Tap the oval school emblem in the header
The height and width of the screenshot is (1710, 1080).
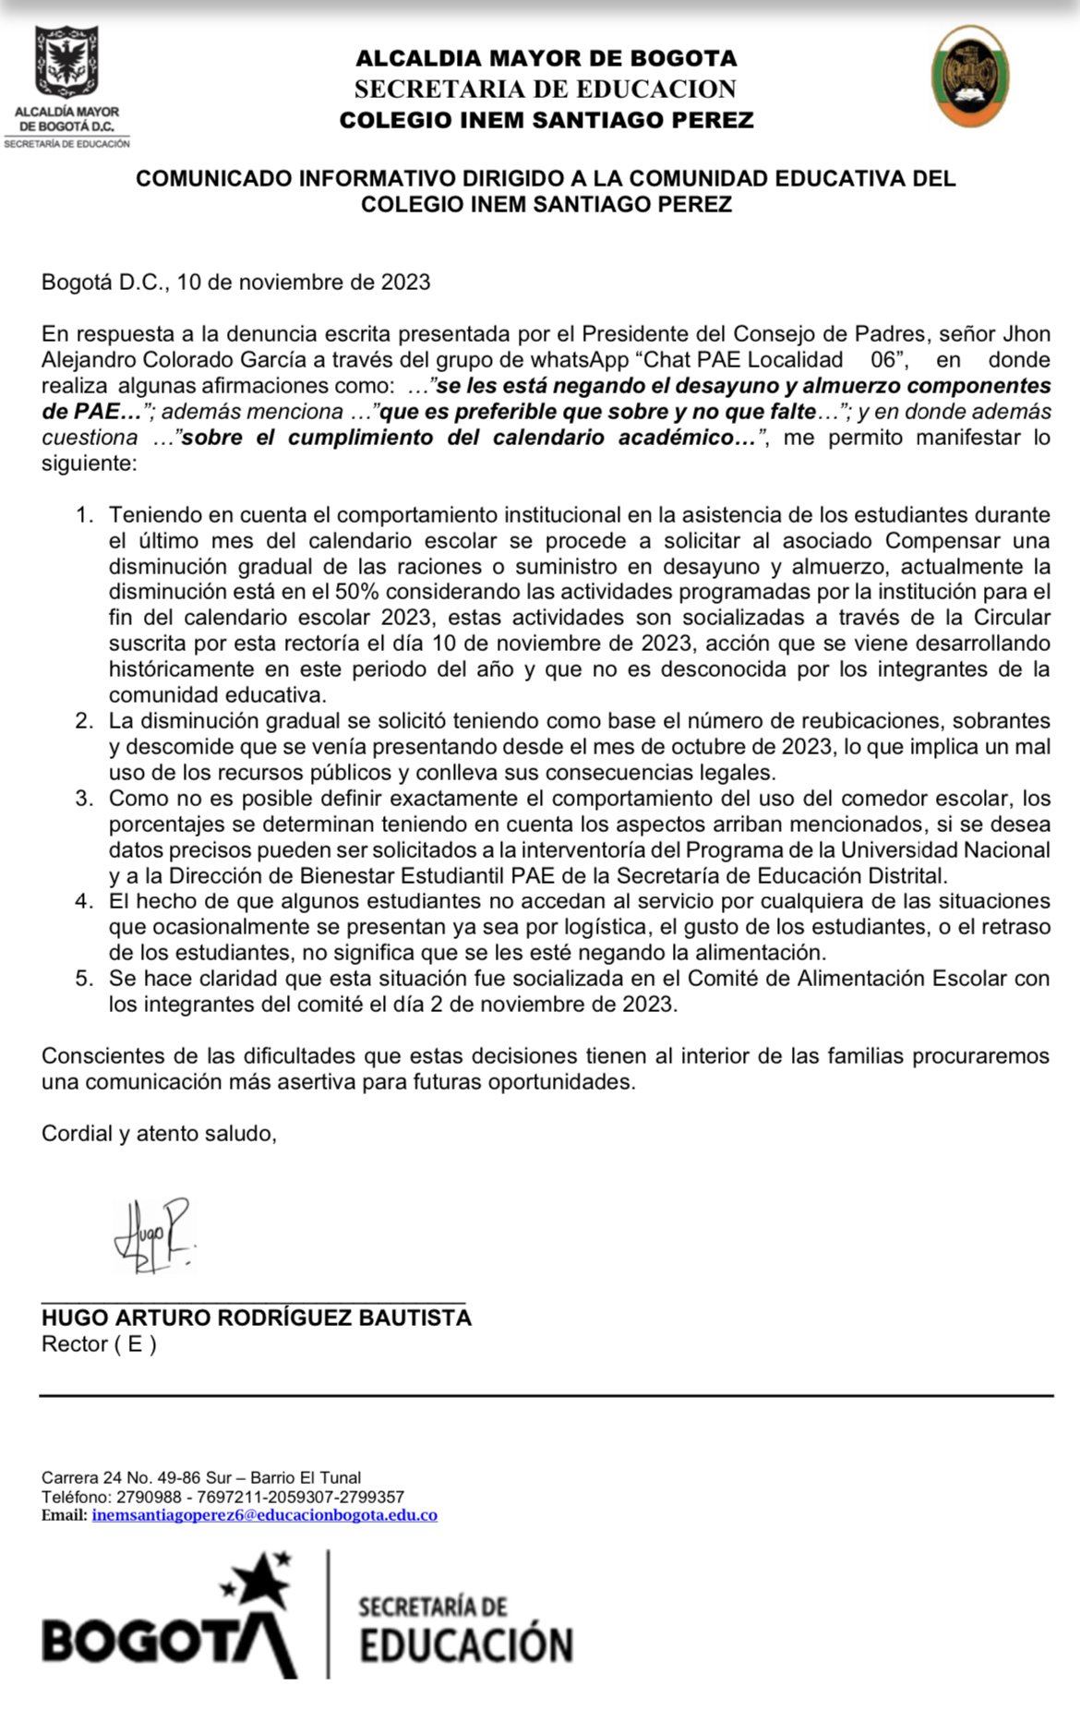[969, 76]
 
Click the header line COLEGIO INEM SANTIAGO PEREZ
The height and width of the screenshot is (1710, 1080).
[546, 120]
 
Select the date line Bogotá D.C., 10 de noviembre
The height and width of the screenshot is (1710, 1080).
[235, 283]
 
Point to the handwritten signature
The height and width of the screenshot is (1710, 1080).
[153, 1235]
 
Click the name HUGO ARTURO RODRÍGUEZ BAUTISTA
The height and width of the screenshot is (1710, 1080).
[256, 1318]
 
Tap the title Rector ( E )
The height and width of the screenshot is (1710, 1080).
[99, 1344]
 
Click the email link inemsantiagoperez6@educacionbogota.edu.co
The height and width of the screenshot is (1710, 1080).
[264, 1515]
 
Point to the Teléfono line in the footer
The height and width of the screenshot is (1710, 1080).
[222, 1497]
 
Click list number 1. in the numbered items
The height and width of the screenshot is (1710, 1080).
[85, 515]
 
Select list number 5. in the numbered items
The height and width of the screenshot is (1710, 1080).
[85, 979]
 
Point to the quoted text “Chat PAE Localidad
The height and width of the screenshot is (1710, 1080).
[743, 360]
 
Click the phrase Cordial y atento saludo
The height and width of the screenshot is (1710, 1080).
[159, 1134]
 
